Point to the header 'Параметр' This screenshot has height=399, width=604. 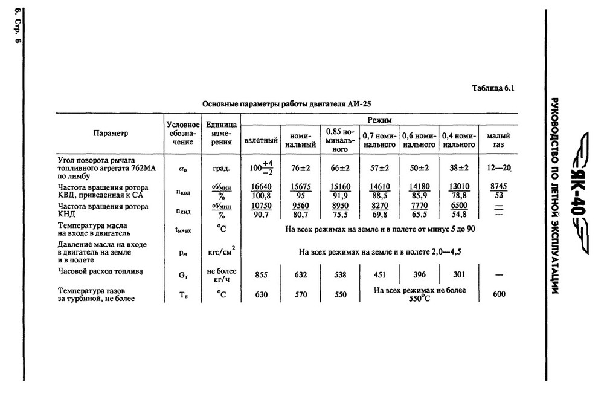click(111, 133)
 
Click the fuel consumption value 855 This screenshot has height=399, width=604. click(261, 275)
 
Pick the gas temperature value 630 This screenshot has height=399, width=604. click(261, 294)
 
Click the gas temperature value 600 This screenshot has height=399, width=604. click(500, 294)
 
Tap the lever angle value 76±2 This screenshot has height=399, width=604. click(300, 167)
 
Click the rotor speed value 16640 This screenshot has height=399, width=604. click(261, 188)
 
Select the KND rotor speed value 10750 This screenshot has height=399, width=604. click(261, 206)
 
